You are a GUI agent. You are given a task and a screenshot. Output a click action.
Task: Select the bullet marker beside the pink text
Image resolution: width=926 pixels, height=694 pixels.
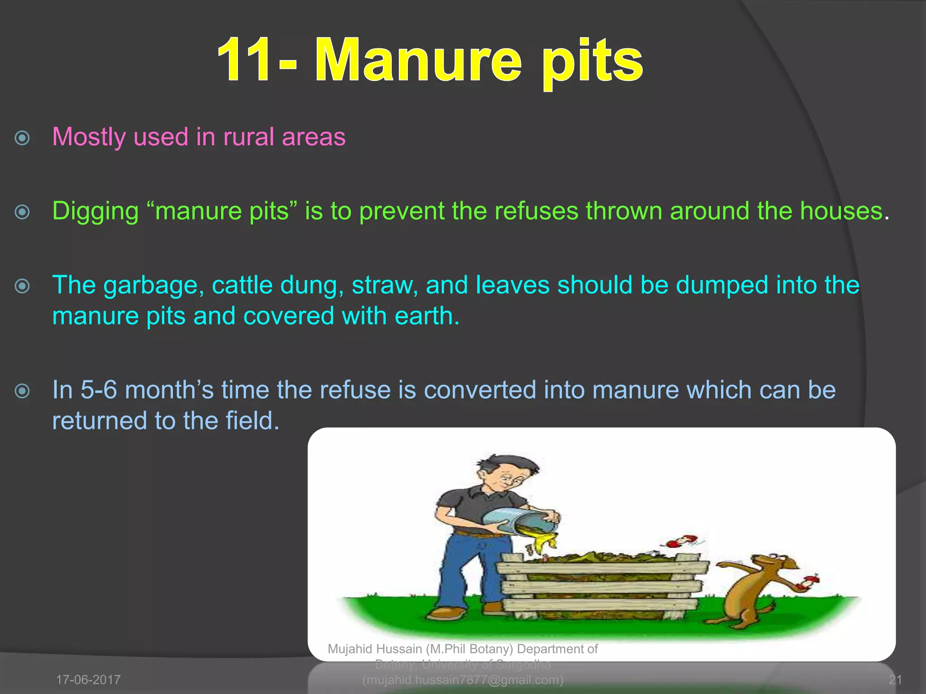[x=22, y=138]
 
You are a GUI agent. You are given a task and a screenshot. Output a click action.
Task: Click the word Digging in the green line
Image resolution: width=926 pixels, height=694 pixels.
[x=95, y=211]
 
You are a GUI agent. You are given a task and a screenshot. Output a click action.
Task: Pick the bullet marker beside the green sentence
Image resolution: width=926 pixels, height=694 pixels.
[x=22, y=211]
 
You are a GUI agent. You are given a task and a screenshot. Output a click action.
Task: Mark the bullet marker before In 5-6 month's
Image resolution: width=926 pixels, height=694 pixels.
[x=22, y=391]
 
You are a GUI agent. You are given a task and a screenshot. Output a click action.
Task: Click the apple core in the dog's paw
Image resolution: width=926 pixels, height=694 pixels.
[x=807, y=582]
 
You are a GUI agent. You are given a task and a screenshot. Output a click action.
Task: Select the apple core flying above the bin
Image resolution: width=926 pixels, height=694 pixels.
[x=680, y=541]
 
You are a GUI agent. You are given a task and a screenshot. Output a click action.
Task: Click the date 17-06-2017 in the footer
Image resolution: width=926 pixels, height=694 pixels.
[x=88, y=680]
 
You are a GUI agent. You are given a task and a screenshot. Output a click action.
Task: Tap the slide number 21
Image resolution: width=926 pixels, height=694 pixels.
[x=895, y=680]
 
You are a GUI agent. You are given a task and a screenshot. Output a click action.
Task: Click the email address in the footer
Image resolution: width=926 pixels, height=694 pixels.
[x=463, y=680]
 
